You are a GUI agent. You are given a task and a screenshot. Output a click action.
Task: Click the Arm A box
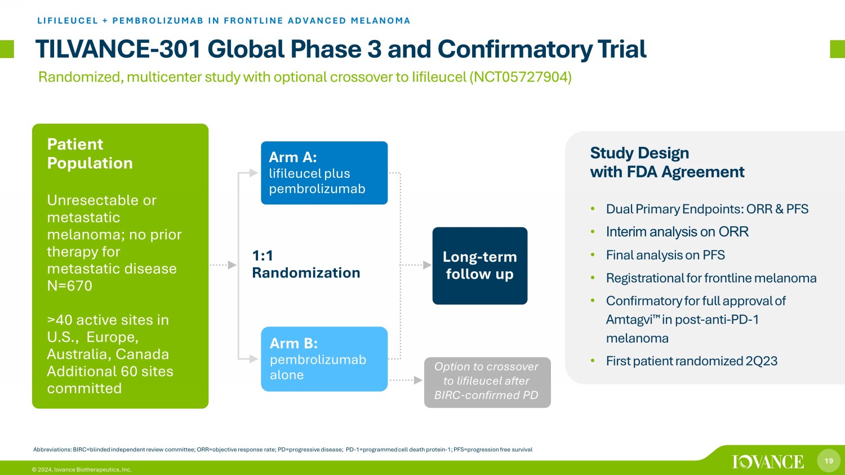[324, 173]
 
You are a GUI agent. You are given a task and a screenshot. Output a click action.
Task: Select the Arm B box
[324, 359]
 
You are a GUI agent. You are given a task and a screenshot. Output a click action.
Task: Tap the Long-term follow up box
[480, 266]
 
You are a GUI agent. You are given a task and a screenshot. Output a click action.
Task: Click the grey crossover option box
[487, 382]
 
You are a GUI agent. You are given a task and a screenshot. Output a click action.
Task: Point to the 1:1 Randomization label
[306, 265]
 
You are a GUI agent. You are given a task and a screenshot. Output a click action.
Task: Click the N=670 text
[69, 286]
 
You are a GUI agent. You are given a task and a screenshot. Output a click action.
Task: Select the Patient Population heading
[90, 154]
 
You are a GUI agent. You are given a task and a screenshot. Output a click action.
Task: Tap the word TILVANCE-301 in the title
[118, 49]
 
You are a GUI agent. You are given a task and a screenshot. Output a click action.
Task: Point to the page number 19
[829, 461]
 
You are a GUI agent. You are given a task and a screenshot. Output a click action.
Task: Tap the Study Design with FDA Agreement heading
[667, 163]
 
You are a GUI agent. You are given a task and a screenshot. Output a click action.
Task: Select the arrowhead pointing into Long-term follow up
[428, 265]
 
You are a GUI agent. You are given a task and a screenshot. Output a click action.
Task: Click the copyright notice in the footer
[82, 470]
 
